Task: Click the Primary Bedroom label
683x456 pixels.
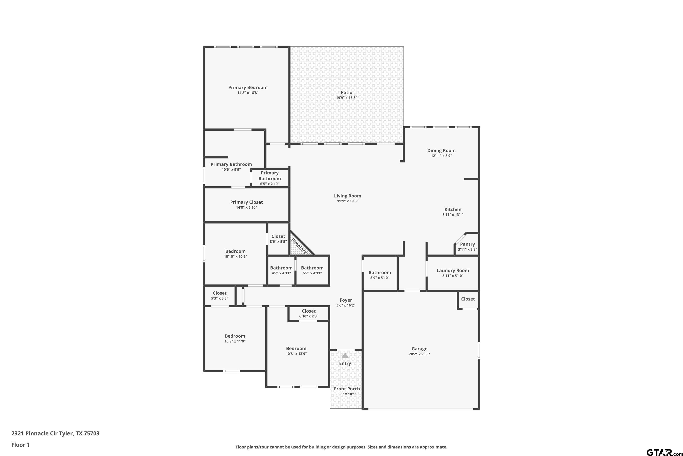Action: (x=248, y=88)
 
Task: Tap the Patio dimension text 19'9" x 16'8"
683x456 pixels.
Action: (x=347, y=98)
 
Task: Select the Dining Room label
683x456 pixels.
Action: (x=441, y=150)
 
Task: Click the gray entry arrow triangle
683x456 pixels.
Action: (x=345, y=355)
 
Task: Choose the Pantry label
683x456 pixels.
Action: (x=467, y=244)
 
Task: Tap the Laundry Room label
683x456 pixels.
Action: (x=453, y=270)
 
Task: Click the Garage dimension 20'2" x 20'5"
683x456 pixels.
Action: (x=419, y=354)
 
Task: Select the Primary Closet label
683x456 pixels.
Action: (x=246, y=202)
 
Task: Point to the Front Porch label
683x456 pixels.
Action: (x=347, y=389)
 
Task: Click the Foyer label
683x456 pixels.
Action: (x=346, y=300)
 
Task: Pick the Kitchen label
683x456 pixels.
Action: (x=453, y=209)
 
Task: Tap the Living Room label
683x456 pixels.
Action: (x=347, y=196)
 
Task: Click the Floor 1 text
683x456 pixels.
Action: (x=20, y=445)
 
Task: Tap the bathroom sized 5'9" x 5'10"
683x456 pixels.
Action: (x=380, y=273)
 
